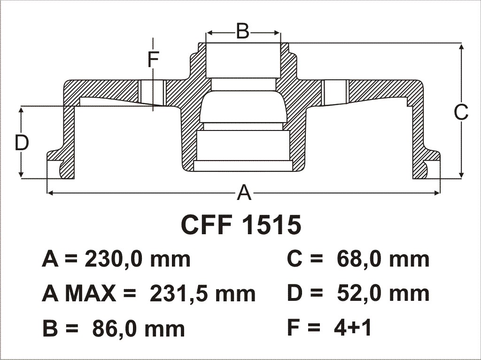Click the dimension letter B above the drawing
[243, 31]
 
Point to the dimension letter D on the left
[22, 143]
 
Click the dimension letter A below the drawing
[244, 193]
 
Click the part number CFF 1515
[241, 225]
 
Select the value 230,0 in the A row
[116, 260]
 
